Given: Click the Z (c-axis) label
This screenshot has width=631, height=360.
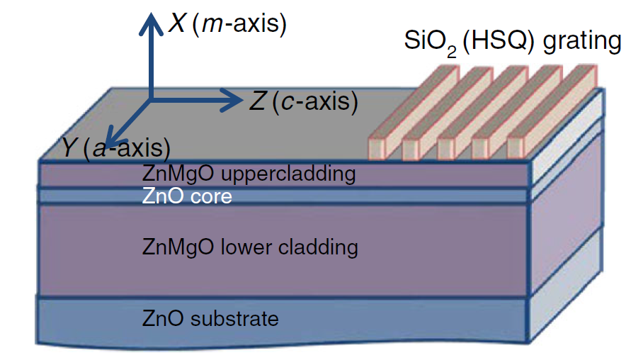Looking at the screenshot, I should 302,101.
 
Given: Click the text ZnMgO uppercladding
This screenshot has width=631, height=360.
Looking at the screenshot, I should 248,173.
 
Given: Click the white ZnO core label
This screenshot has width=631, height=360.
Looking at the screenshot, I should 187,196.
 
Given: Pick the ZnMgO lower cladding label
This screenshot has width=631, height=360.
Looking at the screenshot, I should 250,247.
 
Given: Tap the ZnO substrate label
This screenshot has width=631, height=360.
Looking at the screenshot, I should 210,318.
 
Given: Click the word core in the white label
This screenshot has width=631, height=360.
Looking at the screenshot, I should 212,196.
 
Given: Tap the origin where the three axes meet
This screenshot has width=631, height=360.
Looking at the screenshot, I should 149,101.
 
